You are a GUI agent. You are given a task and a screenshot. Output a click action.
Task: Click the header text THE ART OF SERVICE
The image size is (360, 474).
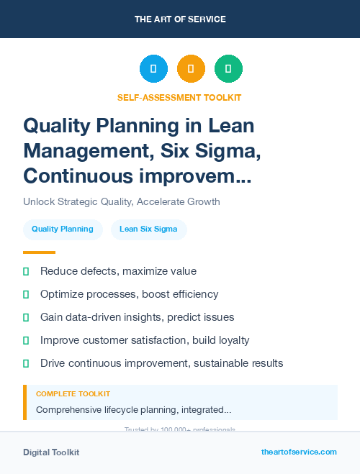pos(180,19)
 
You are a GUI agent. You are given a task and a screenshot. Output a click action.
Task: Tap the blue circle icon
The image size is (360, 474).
pos(153,69)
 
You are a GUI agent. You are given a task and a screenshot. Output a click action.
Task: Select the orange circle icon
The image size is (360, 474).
pos(191,69)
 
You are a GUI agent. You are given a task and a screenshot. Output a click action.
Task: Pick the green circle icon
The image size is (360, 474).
pos(228,69)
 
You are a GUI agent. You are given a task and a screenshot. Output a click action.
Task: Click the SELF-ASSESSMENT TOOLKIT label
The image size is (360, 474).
pos(179,97)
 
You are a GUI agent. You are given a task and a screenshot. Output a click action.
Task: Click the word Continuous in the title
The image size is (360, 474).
pos(80,175)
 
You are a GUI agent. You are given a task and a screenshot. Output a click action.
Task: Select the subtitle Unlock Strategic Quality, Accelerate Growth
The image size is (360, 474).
pos(122,201)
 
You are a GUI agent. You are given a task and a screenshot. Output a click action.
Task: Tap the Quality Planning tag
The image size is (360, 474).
pos(63,229)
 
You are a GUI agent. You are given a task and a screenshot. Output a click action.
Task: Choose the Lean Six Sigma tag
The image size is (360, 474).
pos(148,229)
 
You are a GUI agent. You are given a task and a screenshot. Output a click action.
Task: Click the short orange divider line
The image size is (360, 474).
pos(39,252)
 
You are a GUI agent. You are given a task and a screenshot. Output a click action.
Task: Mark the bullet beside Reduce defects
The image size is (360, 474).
pos(27,271)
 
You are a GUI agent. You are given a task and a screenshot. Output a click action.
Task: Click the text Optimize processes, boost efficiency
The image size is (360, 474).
pos(129,294)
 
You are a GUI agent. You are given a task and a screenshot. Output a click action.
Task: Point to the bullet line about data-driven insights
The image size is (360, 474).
pos(137,317)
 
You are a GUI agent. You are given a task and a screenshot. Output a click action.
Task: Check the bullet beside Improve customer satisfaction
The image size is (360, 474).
pos(27,340)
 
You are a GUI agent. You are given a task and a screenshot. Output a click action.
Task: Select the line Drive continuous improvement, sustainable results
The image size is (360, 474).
pos(161,363)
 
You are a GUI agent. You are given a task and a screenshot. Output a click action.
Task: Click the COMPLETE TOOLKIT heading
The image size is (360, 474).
pos(73,394)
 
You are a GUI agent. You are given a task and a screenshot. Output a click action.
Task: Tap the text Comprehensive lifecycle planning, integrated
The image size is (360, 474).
pos(133,410)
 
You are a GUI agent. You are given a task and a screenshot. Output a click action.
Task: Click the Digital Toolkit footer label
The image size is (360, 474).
pos(51,452)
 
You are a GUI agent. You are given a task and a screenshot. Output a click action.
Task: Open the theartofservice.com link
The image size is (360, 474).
pos(299,452)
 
